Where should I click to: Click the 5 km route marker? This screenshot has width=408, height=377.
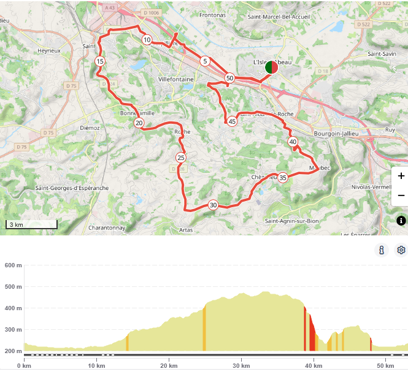pyautogui.click(x=205, y=61)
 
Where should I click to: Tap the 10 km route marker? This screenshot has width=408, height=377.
pyautogui.click(x=147, y=40)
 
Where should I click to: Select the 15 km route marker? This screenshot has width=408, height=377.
pyautogui.click(x=100, y=61)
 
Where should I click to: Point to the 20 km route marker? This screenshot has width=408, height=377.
pyautogui.click(x=139, y=123)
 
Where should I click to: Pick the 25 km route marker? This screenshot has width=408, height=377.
pyautogui.click(x=180, y=158)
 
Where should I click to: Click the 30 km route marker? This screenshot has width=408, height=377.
pyautogui.click(x=213, y=205)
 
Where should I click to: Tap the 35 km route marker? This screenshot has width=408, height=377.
pyautogui.click(x=283, y=178)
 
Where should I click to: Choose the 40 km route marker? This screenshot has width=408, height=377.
pyautogui.click(x=293, y=142)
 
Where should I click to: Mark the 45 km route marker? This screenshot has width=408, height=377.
pyautogui.click(x=232, y=121)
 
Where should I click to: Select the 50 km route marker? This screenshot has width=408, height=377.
pyautogui.click(x=229, y=78)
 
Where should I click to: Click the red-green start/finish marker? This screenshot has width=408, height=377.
pyautogui.click(x=271, y=67)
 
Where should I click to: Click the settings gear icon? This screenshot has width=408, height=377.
pyautogui.click(x=401, y=250)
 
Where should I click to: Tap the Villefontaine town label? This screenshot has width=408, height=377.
pyautogui.click(x=176, y=80)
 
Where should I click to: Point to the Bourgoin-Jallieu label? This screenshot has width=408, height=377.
pyautogui.click(x=336, y=133)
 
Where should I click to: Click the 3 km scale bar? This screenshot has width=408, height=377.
pyautogui.click(x=31, y=224)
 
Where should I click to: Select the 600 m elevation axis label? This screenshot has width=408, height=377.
pyautogui.click(x=13, y=265)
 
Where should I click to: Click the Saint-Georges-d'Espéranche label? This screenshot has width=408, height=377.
pyautogui.click(x=72, y=188)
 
